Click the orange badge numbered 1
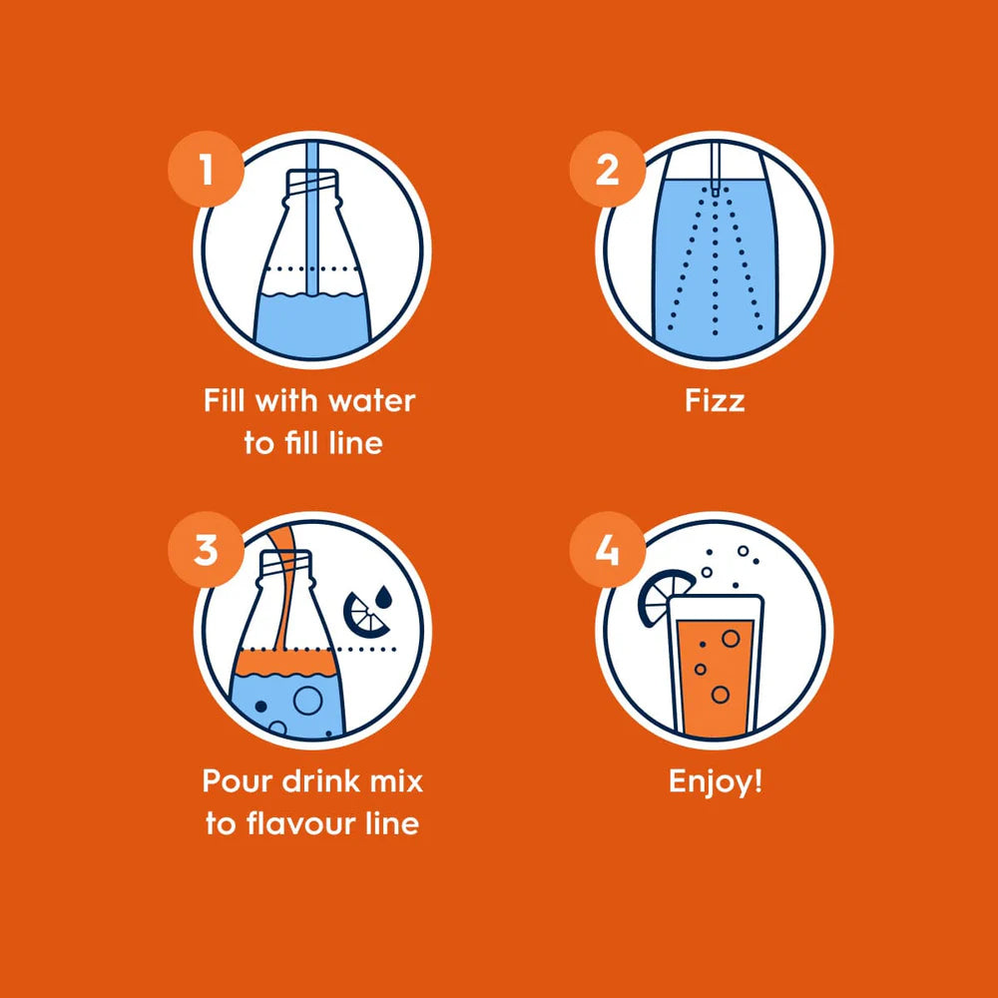point(206,169)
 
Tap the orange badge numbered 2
point(607,169)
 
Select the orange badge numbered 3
point(206,549)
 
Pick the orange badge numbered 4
point(607,549)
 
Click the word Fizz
point(715,401)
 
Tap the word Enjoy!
point(716,782)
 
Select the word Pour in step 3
point(239,781)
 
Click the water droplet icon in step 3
point(383,597)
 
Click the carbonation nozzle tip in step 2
point(716,190)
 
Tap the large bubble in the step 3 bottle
point(308,701)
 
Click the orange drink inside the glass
point(716,678)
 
